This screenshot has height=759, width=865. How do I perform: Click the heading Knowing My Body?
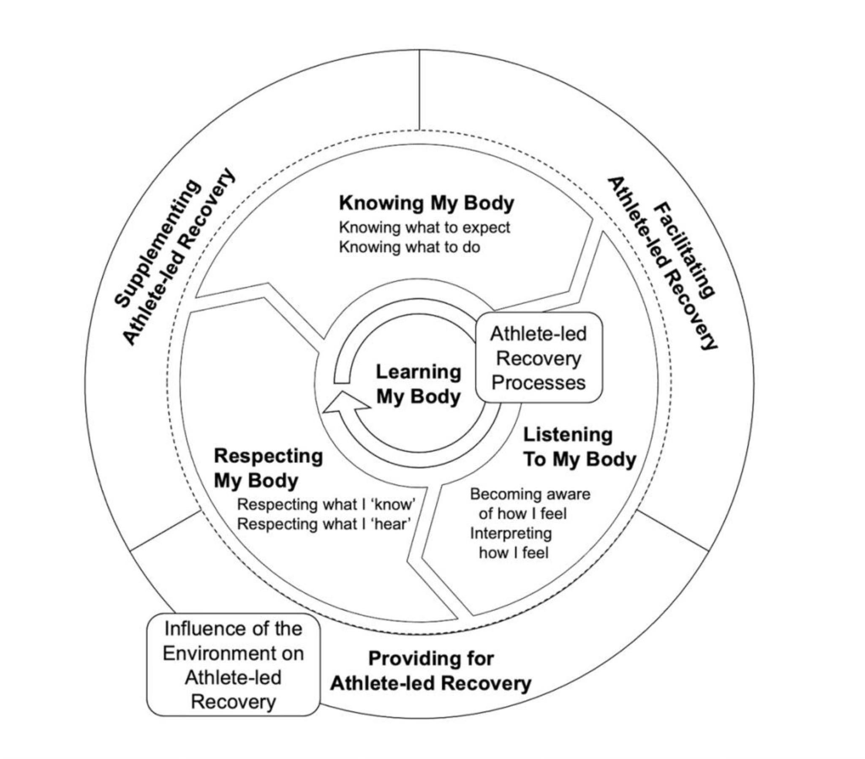click(x=427, y=203)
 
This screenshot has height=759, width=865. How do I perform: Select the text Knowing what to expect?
click(x=424, y=227)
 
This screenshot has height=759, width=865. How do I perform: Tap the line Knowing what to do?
click(x=410, y=247)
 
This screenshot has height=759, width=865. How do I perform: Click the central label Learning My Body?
click(x=419, y=384)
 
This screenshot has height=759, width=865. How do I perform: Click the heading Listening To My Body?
click(x=580, y=447)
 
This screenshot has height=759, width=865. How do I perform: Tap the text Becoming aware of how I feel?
click(x=530, y=504)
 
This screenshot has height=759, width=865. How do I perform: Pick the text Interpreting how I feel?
click(x=511, y=543)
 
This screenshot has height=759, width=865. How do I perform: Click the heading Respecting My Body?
click(x=268, y=468)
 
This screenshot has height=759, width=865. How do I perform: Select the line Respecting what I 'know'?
click(x=326, y=505)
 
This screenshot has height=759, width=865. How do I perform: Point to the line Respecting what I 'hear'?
click(x=324, y=524)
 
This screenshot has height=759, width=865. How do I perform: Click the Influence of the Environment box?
click(x=233, y=666)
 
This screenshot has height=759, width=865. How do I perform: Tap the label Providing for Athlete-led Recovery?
click(x=431, y=672)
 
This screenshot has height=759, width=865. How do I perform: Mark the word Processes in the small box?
click(x=538, y=383)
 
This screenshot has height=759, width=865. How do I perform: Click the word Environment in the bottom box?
click(x=233, y=653)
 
